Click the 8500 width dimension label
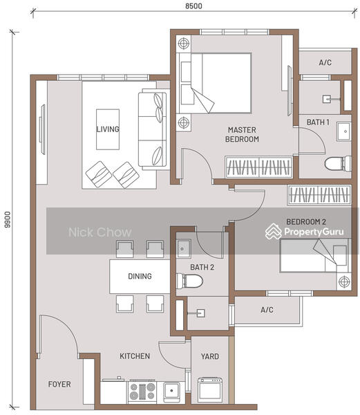point(193,6)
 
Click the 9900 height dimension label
point(8,219)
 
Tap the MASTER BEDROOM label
point(242,134)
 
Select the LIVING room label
point(108,129)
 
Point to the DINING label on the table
point(140,276)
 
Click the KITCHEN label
point(135,356)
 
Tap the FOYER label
point(59,384)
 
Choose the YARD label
point(210,356)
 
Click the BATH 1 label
point(318,122)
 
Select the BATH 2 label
point(202,267)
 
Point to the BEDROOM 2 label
point(306,222)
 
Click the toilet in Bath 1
point(338,164)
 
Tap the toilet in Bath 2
point(189,281)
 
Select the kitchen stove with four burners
point(142,391)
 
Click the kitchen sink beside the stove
point(171,391)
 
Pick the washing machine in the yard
point(210,390)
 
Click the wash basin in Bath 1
point(344,131)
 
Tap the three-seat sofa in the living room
point(153,129)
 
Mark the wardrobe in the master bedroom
point(258,167)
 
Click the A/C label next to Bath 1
point(325,63)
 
